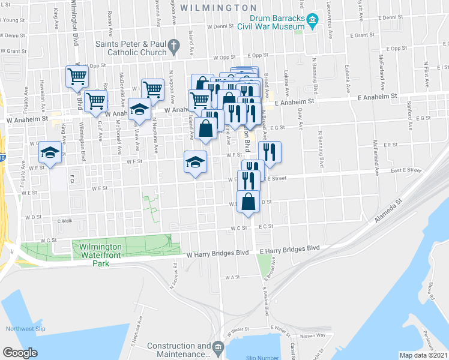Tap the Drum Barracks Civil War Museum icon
click(x=312, y=22)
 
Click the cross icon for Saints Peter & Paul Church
click(x=173, y=46)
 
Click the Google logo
click(x=20, y=353)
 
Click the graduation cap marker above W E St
click(x=195, y=163)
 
